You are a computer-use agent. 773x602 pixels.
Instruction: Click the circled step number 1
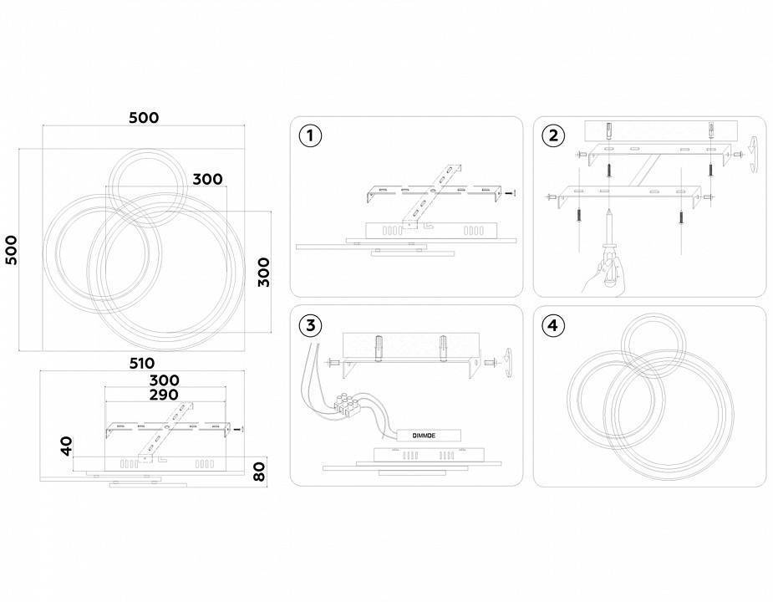[x=310, y=135]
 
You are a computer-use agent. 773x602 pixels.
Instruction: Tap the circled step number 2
[x=553, y=135]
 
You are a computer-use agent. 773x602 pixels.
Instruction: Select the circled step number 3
[x=310, y=325]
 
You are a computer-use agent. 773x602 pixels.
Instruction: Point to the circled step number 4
[x=553, y=325]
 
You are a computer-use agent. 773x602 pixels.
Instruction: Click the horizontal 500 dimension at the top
[x=144, y=117]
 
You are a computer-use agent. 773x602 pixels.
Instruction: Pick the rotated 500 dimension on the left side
[x=11, y=250]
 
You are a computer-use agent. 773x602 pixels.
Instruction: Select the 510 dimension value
[x=142, y=363]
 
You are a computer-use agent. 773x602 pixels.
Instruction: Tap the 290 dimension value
[x=164, y=395]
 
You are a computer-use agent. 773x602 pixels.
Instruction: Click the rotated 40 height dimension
[x=66, y=446]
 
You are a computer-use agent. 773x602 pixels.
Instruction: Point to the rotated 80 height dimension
[x=259, y=472]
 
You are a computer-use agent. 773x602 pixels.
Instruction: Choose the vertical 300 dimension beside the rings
[x=264, y=272]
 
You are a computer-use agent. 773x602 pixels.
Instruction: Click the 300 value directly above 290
[x=164, y=380]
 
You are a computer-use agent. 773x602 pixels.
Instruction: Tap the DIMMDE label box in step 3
[x=424, y=436]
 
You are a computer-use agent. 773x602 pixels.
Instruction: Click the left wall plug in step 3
[x=379, y=349]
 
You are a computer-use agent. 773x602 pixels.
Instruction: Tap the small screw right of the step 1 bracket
[x=511, y=193]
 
